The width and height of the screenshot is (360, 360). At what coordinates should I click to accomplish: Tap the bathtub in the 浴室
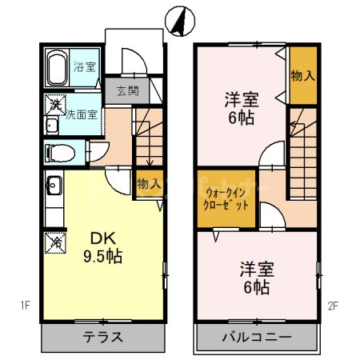click(x=58, y=68)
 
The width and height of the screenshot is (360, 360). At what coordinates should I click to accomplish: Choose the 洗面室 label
click(x=82, y=115)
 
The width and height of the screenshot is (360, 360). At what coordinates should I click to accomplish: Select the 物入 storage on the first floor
click(x=150, y=184)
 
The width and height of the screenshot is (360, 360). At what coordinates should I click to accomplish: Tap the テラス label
click(x=104, y=337)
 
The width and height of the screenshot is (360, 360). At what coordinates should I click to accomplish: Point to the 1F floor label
click(x=26, y=304)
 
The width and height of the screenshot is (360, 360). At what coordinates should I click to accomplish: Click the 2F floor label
click(x=333, y=304)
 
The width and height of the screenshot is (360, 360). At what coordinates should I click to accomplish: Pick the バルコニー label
click(x=257, y=337)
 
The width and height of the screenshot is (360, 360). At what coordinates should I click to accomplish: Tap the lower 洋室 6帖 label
click(x=252, y=278)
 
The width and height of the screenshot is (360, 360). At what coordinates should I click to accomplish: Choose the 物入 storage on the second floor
click(x=302, y=76)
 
